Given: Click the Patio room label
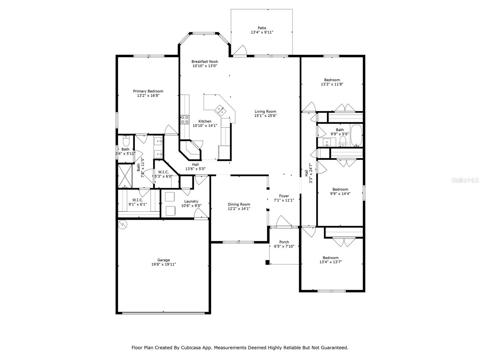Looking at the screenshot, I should click(262, 28).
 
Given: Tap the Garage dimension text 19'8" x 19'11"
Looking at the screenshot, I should click(163, 265).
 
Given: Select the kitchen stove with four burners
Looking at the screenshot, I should click(184, 120).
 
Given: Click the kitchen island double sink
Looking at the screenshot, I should click(221, 110).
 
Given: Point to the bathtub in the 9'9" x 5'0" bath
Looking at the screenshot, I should click(356, 135).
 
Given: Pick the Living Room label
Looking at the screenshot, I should click(265, 111).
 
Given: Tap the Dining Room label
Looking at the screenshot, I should click(239, 204).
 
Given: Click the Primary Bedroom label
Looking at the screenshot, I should click(148, 91).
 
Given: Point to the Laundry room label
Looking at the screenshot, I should click(191, 201).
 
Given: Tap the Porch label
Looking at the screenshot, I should click(284, 242).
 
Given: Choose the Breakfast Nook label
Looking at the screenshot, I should click(205, 61).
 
